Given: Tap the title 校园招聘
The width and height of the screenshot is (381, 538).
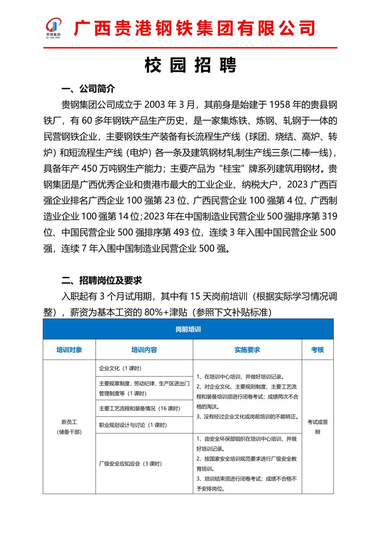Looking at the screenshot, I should coord(190,66).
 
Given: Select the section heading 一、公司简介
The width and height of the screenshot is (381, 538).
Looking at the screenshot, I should coord(88,89).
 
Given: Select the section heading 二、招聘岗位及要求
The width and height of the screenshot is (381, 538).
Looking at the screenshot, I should coord(102,280).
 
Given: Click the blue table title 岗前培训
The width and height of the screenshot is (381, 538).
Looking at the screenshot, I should coord(188,329).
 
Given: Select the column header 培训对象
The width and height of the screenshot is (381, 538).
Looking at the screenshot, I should coord(69,350).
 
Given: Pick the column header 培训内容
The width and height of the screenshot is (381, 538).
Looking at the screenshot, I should coord(144,350).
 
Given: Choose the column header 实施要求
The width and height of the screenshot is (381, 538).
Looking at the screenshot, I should coord(247,350).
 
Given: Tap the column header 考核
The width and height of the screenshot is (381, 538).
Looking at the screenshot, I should coord(317,350).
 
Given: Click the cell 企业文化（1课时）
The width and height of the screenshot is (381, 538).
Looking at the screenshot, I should coord(120,368).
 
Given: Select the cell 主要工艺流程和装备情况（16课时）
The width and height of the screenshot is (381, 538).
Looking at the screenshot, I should coord(140,408).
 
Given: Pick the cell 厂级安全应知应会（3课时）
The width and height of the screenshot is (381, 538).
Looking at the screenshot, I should coord(130,464).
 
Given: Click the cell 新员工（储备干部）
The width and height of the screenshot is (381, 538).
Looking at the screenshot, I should coord(69,427).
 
